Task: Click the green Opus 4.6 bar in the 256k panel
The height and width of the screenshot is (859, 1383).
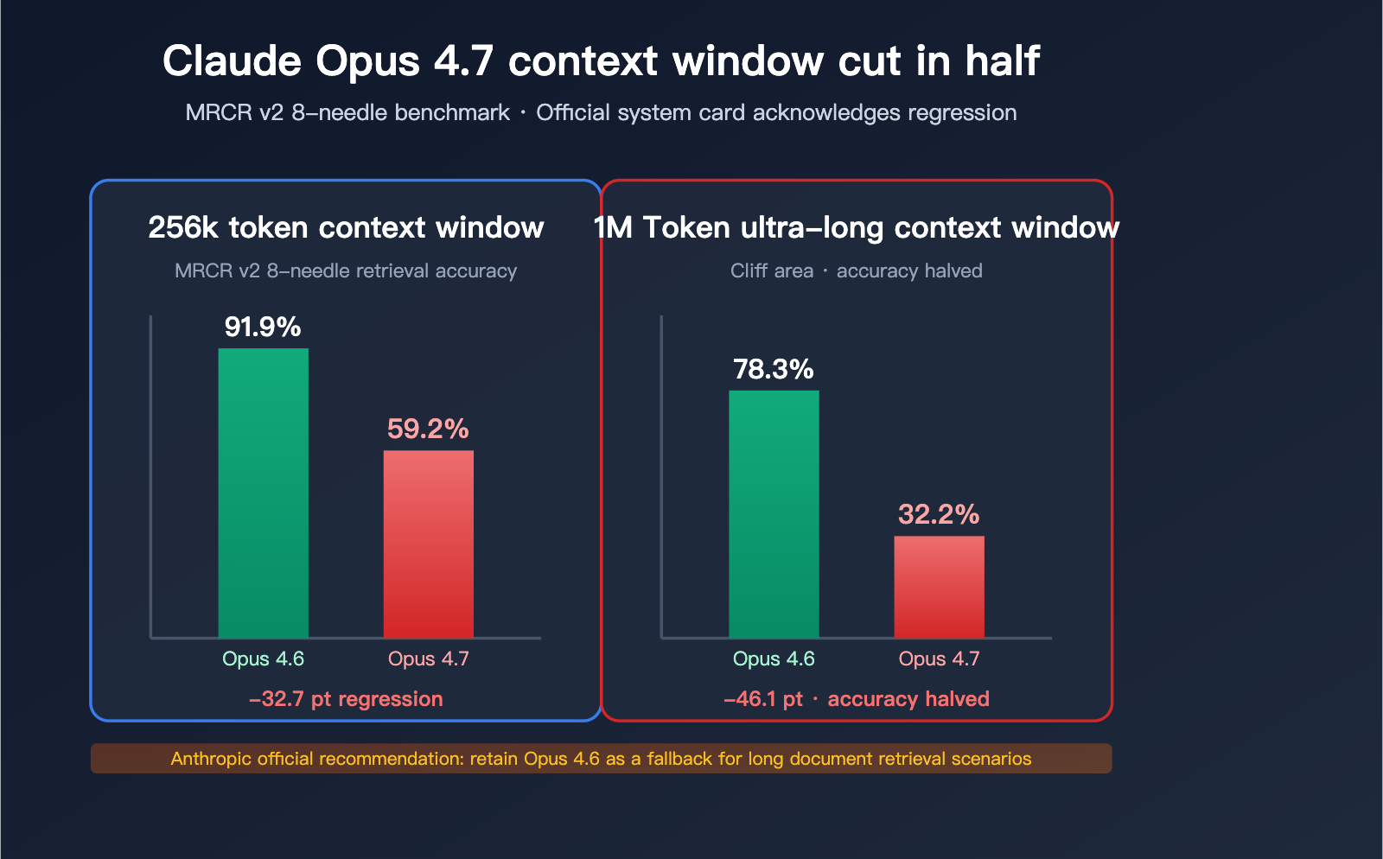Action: click(263, 493)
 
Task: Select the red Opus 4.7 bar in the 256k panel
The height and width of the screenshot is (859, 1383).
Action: click(428, 544)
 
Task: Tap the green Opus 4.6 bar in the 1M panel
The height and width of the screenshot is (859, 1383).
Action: click(774, 514)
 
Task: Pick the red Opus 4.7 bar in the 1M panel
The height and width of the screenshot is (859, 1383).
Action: click(939, 587)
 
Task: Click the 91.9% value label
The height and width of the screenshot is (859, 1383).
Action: click(263, 327)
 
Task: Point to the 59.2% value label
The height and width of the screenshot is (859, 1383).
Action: click(428, 429)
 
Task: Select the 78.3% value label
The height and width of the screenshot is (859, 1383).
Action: click(774, 369)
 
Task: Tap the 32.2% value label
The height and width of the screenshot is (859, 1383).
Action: click(939, 514)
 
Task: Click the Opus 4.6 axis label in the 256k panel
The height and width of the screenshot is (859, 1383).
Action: click(263, 659)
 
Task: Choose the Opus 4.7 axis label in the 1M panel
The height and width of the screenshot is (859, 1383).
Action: click(939, 659)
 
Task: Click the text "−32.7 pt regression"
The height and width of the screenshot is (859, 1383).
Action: click(346, 699)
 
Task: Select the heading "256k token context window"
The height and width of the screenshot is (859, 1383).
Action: click(346, 227)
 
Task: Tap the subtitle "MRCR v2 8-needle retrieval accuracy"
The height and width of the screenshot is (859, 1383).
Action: click(346, 270)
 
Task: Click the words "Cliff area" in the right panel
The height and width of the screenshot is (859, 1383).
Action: click(772, 270)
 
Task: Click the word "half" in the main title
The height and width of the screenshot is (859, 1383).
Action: click(1002, 61)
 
